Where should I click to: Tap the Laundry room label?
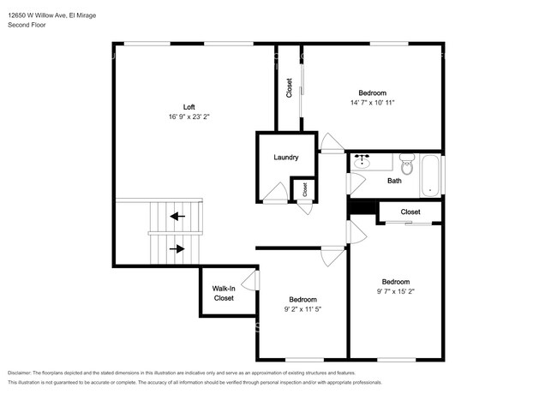coord(285,158)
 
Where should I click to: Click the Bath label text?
coord(394,181)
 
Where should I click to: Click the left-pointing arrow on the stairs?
coord(177,217)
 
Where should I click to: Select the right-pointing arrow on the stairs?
coord(177,249)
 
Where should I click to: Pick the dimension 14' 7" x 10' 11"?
coord(371,102)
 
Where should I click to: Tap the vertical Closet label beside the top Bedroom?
coord(289,88)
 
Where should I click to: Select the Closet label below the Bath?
coord(410,212)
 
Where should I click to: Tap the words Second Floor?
coord(27,26)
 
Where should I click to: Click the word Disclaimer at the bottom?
coord(23,373)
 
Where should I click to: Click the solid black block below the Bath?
coord(362,208)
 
